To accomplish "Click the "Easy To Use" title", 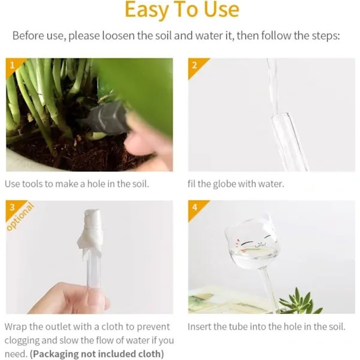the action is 182,10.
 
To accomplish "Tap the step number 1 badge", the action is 12,65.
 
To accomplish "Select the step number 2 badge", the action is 194,65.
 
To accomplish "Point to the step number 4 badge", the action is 194,207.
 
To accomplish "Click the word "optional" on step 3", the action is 20,216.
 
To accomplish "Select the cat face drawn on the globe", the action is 252,242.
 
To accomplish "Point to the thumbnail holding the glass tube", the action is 96,295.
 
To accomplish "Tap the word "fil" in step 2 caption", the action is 191,183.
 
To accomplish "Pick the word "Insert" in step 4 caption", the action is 199,326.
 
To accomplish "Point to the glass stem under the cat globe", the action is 270,287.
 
